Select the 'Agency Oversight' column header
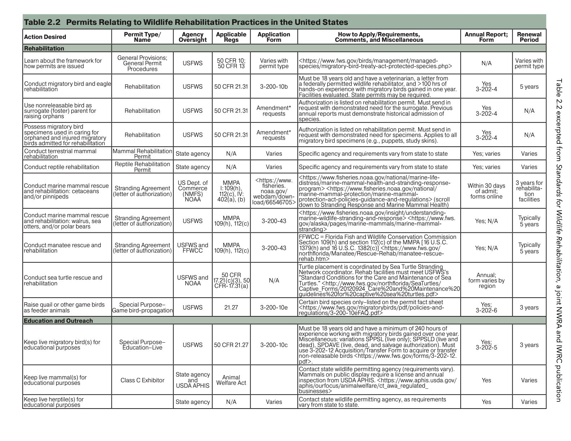tap(192, 37)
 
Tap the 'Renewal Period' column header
tap(529, 37)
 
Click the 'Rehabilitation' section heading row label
tap(44, 48)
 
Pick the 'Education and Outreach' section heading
tap(58, 321)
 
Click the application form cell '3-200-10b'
tap(274, 86)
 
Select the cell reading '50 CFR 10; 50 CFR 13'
tap(231, 63)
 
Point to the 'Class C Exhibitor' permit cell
tap(142, 380)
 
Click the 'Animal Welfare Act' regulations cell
tap(231, 380)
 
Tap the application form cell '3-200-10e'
tap(274, 307)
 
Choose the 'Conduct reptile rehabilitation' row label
tap(61, 167)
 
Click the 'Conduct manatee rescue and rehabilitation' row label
tap(62, 248)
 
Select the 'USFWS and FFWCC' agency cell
tap(192, 248)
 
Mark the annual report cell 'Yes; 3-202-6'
tap(486, 307)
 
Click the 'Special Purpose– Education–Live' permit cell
tap(142, 345)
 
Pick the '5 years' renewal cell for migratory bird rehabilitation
tap(529, 86)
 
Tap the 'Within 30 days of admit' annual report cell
tap(486, 191)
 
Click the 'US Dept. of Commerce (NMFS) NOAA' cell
tap(192, 191)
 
